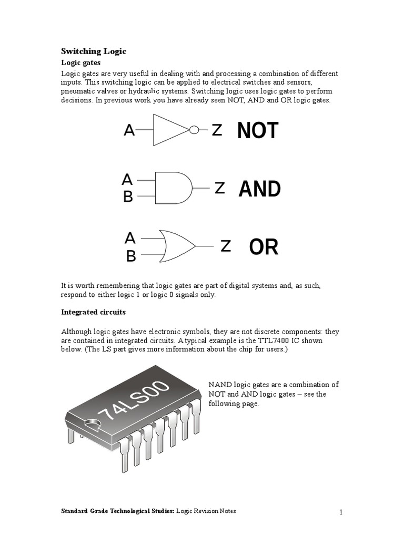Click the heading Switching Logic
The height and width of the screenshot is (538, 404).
pyautogui.click(x=94, y=51)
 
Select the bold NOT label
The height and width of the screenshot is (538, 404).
pyautogui.click(x=257, y=131)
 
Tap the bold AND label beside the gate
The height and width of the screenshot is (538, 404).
pyautogui.click(x=259, y=189)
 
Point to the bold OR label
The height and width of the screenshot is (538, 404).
pyautogui.click(x=264, y=246)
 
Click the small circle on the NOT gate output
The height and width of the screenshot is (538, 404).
pyautogui.click(x=194, y=130)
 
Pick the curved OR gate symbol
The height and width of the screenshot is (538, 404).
pyautogui.click(x=177, y=245)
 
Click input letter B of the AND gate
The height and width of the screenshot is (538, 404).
pyautogui.click(x=128, y=197)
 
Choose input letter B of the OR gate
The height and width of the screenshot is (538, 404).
pyautogui.click(x=131, y=256)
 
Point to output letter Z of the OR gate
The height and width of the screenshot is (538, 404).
pyautogui.click(x=226, y=246)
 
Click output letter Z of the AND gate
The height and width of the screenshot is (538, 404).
pyautogui.click(x=220, y=188)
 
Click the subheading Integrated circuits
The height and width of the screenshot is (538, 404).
pyautogui.click(x=93, y=312)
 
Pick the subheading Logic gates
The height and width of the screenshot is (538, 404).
pyautogui.click(x=80, y=63)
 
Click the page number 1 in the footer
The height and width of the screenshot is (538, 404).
pyautogui.click(x=341, y=512)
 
